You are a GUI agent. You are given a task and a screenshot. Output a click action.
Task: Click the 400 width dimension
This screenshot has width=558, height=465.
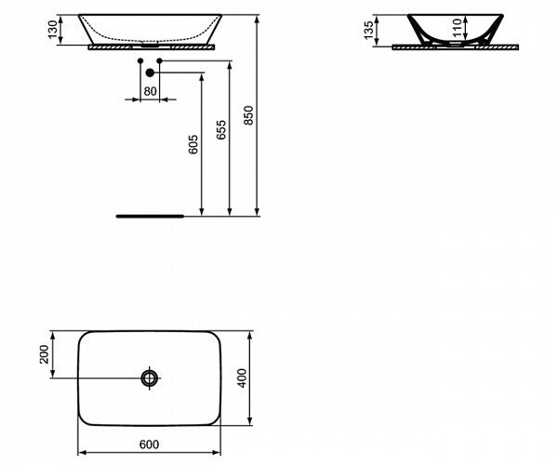[244, 378]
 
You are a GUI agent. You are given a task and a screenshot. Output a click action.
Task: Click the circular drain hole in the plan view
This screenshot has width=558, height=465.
[150, 378]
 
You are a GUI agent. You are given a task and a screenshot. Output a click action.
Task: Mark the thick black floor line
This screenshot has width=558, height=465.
[150, 214]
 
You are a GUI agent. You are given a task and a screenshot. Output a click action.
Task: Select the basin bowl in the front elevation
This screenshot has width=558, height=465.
[149, 25]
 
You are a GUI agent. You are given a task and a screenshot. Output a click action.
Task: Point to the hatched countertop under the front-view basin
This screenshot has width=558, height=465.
[186, 44]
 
